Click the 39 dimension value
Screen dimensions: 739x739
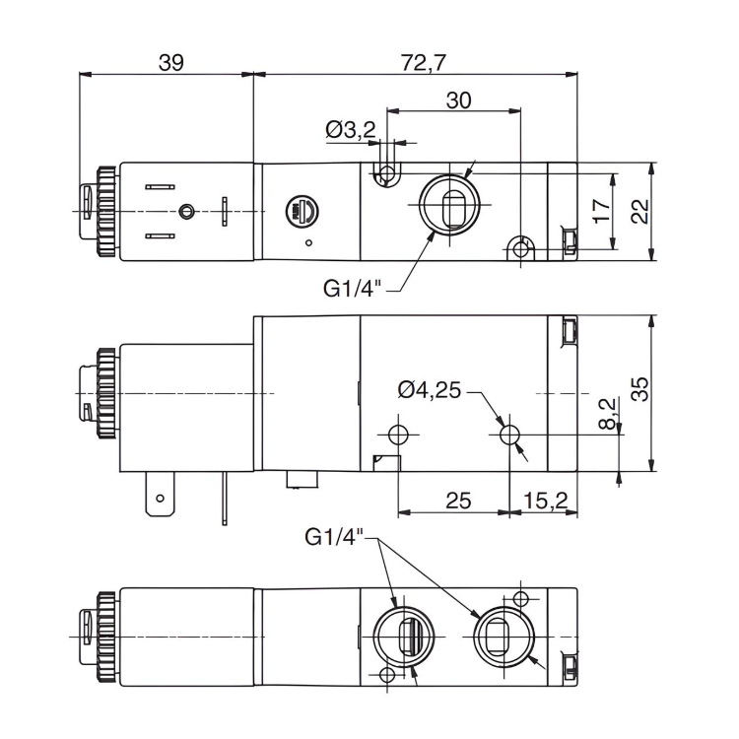point(170,62)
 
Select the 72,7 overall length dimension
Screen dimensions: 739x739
point(425,62)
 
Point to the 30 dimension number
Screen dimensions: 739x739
point(458,100)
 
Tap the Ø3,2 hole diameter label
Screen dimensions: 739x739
point(351,129)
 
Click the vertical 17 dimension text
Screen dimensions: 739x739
point(600,211)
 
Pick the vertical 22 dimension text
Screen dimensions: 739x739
point(639,211)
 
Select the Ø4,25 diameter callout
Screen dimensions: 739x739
point(430,390)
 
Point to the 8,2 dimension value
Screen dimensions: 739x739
point(607,412)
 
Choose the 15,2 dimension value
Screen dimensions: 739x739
point(542,501)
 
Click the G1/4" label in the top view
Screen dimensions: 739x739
point(352,289)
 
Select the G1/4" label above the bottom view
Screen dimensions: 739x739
point(334,537)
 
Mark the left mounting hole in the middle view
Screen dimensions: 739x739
point(398,435)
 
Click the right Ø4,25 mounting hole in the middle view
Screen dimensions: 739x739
point(509,435)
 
